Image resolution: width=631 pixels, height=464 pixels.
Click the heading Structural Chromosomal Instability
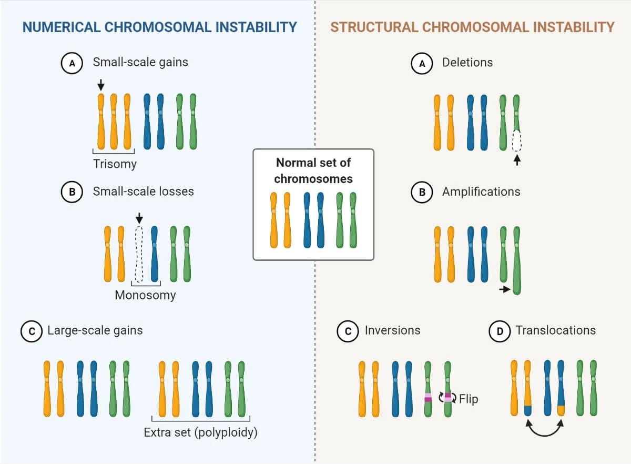pyautogui.click(x=472, y=27)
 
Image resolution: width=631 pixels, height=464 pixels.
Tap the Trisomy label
pyautogui.click(x=115, y=164)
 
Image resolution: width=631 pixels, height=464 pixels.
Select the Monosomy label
pyautogui.click(x=145, y=295)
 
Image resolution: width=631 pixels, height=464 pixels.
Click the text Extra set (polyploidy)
pyautogui.click(x=200, y=433)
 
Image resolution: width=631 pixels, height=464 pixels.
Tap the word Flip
pyautogui.click(x=469, y=399)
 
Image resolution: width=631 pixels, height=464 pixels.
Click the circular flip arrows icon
pyautogui.click(x=448, y=398)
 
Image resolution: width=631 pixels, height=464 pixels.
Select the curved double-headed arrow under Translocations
pyautogui.click(x=544, y=429)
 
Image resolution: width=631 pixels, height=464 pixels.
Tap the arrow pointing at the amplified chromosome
pyautogui.click(x=504, y=289)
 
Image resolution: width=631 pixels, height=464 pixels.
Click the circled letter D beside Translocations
pyautogui.click(x=500, y=331)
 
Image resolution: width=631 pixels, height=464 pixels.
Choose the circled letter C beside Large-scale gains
pyautogui.click(x=31, y=331)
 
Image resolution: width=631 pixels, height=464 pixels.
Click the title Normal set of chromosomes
pyautogui.click(x=313, y=170)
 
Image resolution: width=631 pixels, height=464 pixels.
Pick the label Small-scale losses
pyautogui.click(x=143, y=191)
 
